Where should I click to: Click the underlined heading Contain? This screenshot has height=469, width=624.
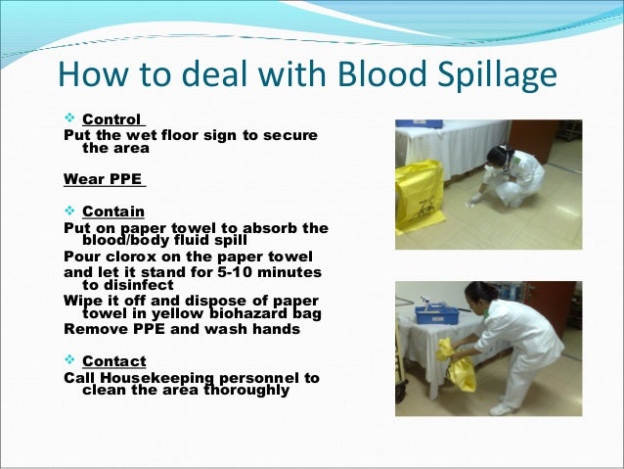[113, 211]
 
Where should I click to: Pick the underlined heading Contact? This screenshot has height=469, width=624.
[113, 361]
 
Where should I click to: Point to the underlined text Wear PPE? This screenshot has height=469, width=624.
[103, 180]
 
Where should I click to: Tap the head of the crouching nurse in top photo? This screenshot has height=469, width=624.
[500, 154]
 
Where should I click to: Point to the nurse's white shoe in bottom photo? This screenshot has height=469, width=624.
[503, 407]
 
